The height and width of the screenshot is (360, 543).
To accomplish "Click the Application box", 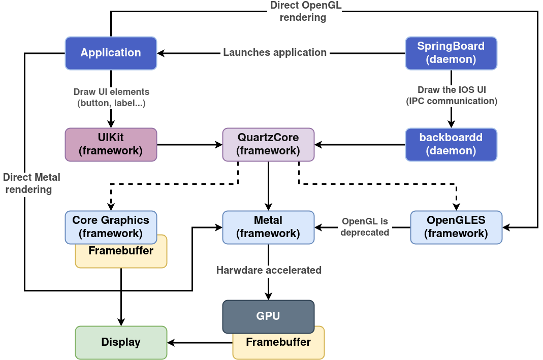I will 111,53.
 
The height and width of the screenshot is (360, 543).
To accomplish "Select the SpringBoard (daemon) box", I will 451,53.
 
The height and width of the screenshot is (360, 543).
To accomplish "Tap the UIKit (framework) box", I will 111,144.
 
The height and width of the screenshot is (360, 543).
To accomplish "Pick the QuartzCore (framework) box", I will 268,144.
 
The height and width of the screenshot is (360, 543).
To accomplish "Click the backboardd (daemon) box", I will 451,144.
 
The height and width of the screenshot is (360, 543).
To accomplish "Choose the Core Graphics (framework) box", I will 111,226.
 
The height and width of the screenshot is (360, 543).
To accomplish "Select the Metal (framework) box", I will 268,226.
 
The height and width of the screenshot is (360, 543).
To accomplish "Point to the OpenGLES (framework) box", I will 456,226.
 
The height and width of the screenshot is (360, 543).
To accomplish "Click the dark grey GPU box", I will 268,316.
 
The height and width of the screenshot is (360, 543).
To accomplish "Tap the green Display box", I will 121,342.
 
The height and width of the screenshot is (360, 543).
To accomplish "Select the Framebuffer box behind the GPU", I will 278,347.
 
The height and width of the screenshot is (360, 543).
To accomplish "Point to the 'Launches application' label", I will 275,53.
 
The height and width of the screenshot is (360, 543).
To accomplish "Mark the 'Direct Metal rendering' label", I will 30,184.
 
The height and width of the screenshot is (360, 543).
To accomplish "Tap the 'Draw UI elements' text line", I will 112,92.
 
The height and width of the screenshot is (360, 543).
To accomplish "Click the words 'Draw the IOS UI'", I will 452,90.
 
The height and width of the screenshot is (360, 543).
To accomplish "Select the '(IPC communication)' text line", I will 452,101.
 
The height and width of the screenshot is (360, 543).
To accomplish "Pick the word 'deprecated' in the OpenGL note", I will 365,233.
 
